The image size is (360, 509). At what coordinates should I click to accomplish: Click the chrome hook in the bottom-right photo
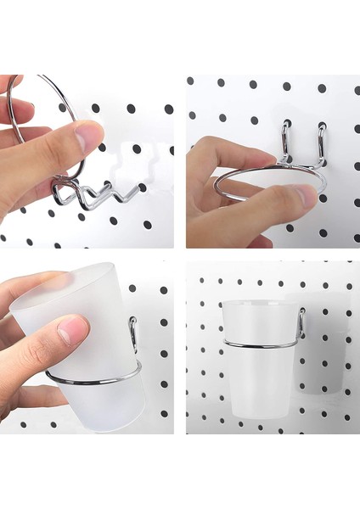[301, 322]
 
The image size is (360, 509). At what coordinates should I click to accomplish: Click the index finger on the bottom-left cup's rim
[34, 284]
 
